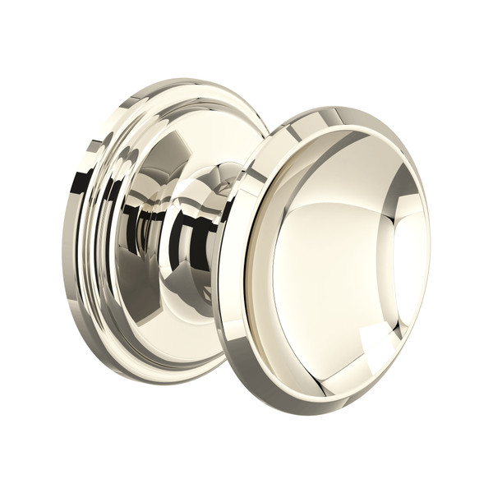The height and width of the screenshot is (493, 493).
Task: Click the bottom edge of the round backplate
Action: (173, 380)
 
